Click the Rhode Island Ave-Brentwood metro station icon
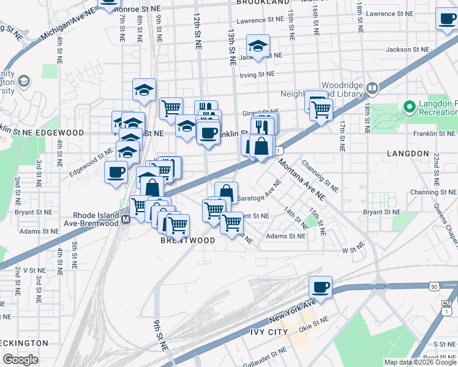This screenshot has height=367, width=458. [126, 219]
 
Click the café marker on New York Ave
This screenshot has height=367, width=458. [320, 286]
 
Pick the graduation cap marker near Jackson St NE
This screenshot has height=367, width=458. [258, 46]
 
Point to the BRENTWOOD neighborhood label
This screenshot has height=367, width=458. [188, 240]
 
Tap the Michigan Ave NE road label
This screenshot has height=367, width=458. [68, 25]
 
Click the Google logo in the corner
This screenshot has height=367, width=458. [20, 359]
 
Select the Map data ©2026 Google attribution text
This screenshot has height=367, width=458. [420, 362]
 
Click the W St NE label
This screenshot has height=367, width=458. [353, 250]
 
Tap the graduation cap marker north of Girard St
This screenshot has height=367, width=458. [145, 89]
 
